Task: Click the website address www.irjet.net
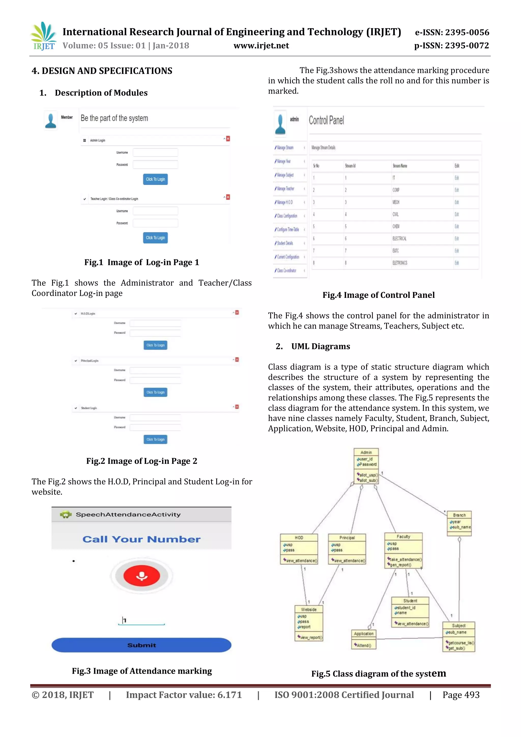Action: [x=261, y=46]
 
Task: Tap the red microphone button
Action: [x=141, y=576]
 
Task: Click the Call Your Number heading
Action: [x=141, y=539]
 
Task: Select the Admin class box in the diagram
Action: [x=366, y=466]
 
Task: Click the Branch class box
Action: [x=459, y=523]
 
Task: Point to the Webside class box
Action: [x=309, y=623]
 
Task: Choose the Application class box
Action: [x=364, y=639]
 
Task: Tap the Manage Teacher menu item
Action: [x=285, y=189]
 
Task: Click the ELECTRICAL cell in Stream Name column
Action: [x=399, y=239]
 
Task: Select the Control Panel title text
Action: [x=326, y=120]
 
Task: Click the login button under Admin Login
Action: [x=155, y=179]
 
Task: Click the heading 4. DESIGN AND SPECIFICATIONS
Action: [x=102, y=71]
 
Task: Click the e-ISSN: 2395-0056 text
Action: [x=452, y=32]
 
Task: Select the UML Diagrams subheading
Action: [x=320, y=346]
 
